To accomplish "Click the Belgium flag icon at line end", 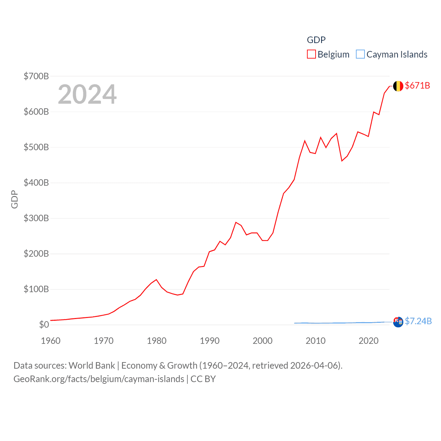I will [x=398, y=86].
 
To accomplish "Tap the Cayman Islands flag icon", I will [x=398, y=322].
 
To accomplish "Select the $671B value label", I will [x=417, y=85].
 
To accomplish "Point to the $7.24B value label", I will [x=418, y=321].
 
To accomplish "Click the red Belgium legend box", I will [x=311, y=54].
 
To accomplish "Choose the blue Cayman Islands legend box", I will [x=360, y=54].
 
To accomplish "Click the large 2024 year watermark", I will [x=87, y=94].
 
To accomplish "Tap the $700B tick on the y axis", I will [x=36, y=76].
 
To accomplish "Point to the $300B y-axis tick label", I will [x=36, y=218].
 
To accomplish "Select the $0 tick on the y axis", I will [x=44, y=325].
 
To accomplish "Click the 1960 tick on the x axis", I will [x=51, y=341].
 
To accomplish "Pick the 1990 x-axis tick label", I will [x=209, y=341].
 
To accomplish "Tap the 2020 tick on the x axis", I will [x=368, y=341].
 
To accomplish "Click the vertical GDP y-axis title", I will [x=14, y=199].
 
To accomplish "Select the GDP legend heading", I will [x=316, y=40].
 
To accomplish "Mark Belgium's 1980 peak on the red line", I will [x=156, y=279].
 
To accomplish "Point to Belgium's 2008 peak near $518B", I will [x=305, y=141].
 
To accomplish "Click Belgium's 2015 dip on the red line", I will [x=342, y=161].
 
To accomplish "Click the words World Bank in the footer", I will [x=92, y=365].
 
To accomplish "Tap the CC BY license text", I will [x=203, y=379].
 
